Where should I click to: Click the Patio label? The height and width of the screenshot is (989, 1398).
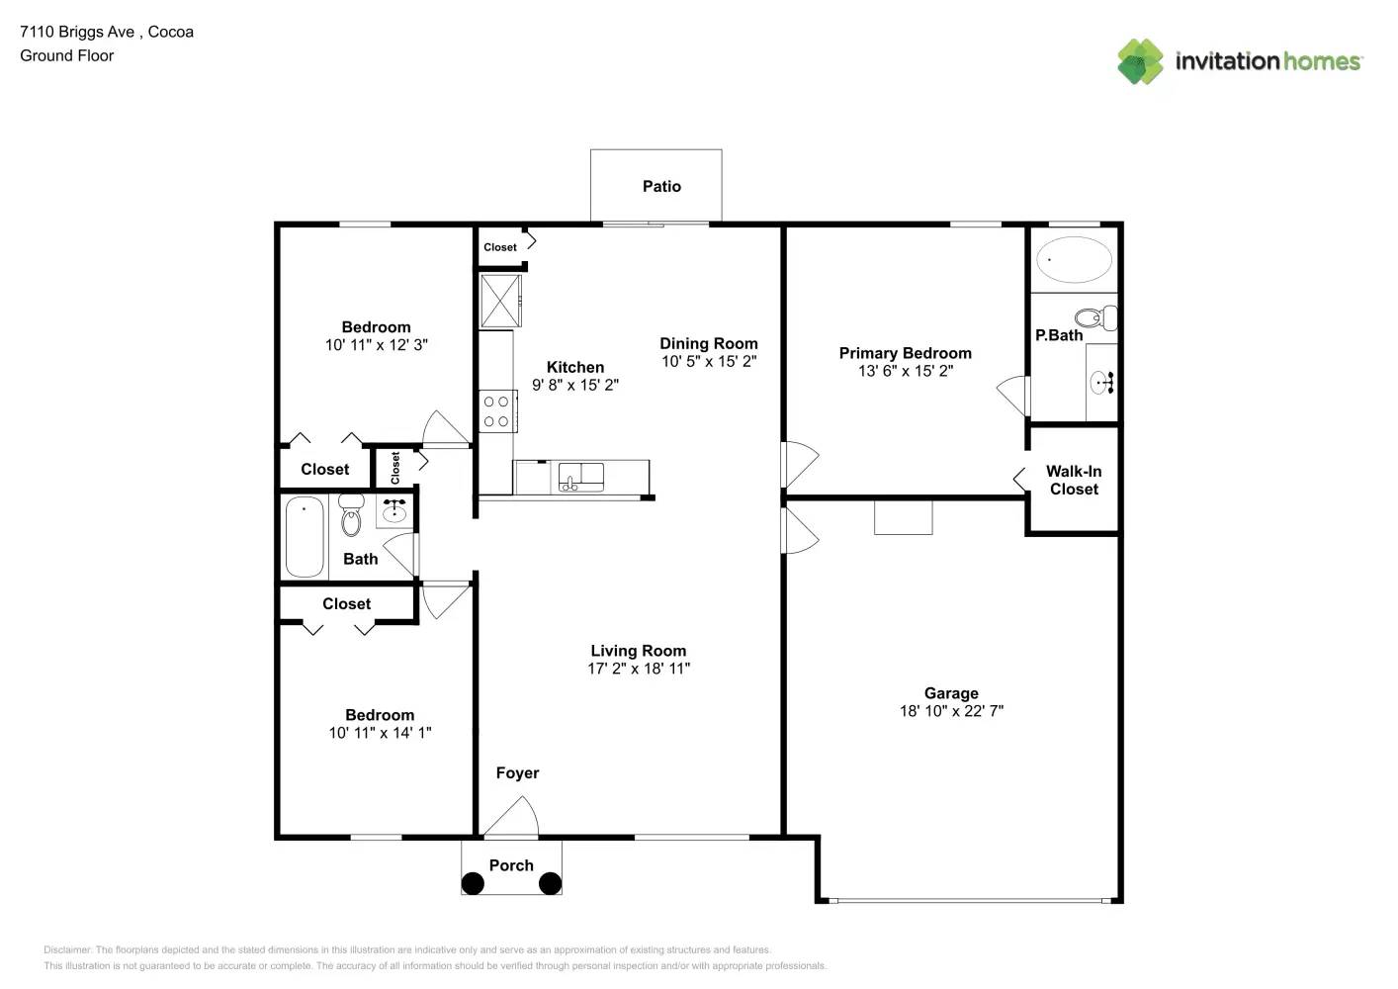[661, 186]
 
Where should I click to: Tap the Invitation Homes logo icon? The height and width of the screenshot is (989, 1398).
[1140, 61]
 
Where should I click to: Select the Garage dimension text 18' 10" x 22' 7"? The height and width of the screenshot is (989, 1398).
[951, 711]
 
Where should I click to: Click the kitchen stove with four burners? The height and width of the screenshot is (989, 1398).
[496, 411]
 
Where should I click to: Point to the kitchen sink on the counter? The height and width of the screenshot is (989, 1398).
[580, 477]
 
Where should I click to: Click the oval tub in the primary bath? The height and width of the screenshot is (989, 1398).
[1074, 259]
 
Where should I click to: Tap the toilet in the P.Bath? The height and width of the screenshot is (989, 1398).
[1094, 318]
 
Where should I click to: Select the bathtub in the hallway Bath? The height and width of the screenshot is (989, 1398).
[305, 537]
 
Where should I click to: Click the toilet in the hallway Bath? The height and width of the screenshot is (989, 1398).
[351, 515]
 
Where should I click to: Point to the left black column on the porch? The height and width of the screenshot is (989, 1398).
[474, 883]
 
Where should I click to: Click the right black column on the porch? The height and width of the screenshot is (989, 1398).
[550, 883]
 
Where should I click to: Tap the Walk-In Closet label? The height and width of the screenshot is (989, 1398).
[1074, 481]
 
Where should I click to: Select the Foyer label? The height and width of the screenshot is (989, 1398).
[517, 773]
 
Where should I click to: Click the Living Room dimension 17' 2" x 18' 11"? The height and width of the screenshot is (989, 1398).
[639, 669]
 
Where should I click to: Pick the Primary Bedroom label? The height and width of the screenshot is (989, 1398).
[905, 353]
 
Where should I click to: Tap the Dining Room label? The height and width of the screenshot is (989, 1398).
[709, 343]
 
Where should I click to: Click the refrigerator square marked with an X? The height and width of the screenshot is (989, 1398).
[500, 301]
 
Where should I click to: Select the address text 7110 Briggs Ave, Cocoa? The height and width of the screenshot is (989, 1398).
[107, 32]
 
